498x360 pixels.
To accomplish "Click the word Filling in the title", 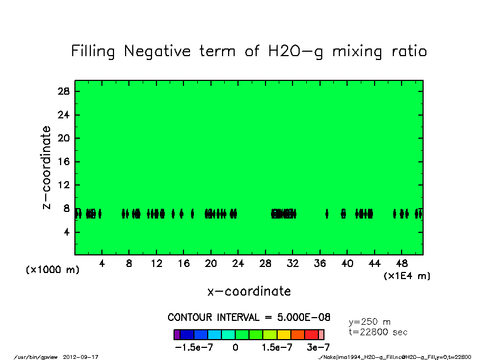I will pyautogui.click(x=93, y=52).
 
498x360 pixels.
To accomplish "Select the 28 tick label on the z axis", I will pyautogui.click(x=64, y=91).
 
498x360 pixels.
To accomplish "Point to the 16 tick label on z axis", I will pyautogui.click(x=64, y=162).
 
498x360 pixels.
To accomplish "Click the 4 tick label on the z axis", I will pyautogui.click(x=67, y=232).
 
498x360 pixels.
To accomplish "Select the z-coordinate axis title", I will pyautogui.click(x=47, y=167).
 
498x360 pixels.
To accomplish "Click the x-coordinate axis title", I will pyautogui.click(x=249, y=291).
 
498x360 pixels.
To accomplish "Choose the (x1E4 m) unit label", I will pyautogui.click(x=407, y=276).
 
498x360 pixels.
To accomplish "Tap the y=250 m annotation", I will pyautogui.click(x=370, y=322).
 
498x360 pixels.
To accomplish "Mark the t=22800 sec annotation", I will pyautogui.click(x=378, y=332).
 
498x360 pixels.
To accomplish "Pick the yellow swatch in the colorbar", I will pyautogui.click(x=283, y=335).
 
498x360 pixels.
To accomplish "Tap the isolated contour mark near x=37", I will pyautogui.click(x=327, y=214).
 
